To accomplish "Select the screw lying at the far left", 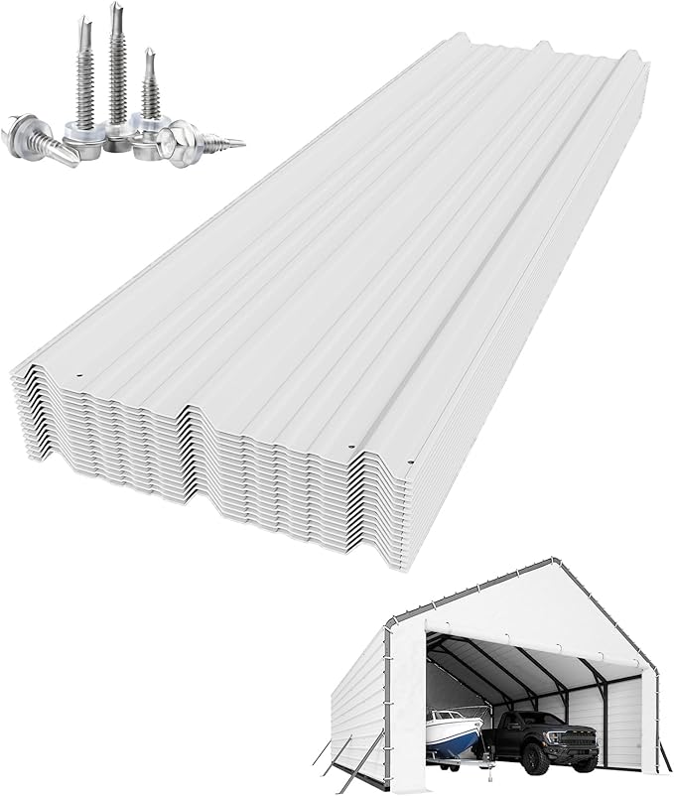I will pyautogui.click(x=40, y=140).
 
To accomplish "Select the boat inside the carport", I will pyautogui.click(x=454, y=732).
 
